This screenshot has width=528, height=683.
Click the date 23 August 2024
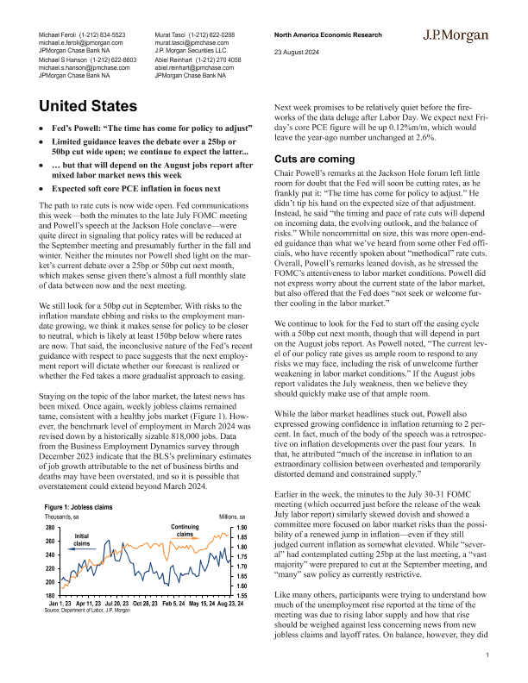point(297,50)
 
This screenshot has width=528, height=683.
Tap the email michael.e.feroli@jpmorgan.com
point(81,41)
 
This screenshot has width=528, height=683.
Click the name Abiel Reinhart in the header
point(179,60)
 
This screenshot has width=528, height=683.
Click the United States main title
point(90,108)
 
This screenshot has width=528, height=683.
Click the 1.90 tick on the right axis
point(242,527)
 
